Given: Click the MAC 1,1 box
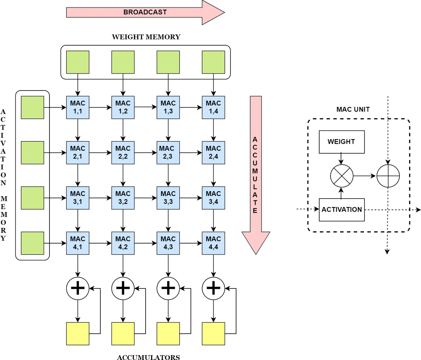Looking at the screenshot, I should coord(78,107).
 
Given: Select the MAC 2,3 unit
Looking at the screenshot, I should coord(168,153).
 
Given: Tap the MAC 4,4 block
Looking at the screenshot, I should coord(213,243).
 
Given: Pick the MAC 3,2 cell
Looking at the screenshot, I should coord(123,198).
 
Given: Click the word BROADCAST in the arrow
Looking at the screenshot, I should coord(145,12).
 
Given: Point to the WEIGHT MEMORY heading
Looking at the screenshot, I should coord(146,37).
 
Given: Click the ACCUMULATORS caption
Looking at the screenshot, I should coord(148,357).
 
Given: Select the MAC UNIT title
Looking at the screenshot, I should coord(353,109).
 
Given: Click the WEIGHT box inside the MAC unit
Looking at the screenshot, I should coord(341,142).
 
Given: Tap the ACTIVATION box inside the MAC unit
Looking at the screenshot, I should coord(341,209).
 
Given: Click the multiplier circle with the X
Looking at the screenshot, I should coord(342,176).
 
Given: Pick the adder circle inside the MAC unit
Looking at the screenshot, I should coord(388,176).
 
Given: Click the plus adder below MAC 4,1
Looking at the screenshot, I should coord(78,288).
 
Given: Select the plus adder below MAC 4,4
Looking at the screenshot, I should coord(213,288).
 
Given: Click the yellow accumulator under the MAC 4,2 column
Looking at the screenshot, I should coord(123,334).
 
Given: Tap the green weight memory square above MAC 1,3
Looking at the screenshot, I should coord(168,62).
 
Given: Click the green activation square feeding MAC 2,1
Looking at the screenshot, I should coord(33,153).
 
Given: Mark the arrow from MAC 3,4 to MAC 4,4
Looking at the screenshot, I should coord(213,220).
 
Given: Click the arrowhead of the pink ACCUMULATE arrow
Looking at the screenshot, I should coord(256,242).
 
